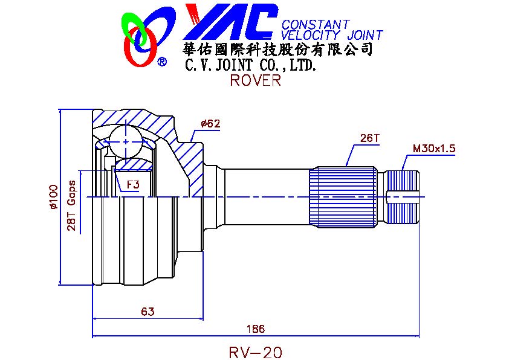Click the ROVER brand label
(255, 81)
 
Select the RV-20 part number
(256, 352)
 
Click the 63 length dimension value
(148, 312)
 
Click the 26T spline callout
(369, 138)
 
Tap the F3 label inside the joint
(132, 184)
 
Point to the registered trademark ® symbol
(162, 62)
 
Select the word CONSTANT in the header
(316, 25)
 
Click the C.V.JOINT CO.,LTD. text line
(250, 64)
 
